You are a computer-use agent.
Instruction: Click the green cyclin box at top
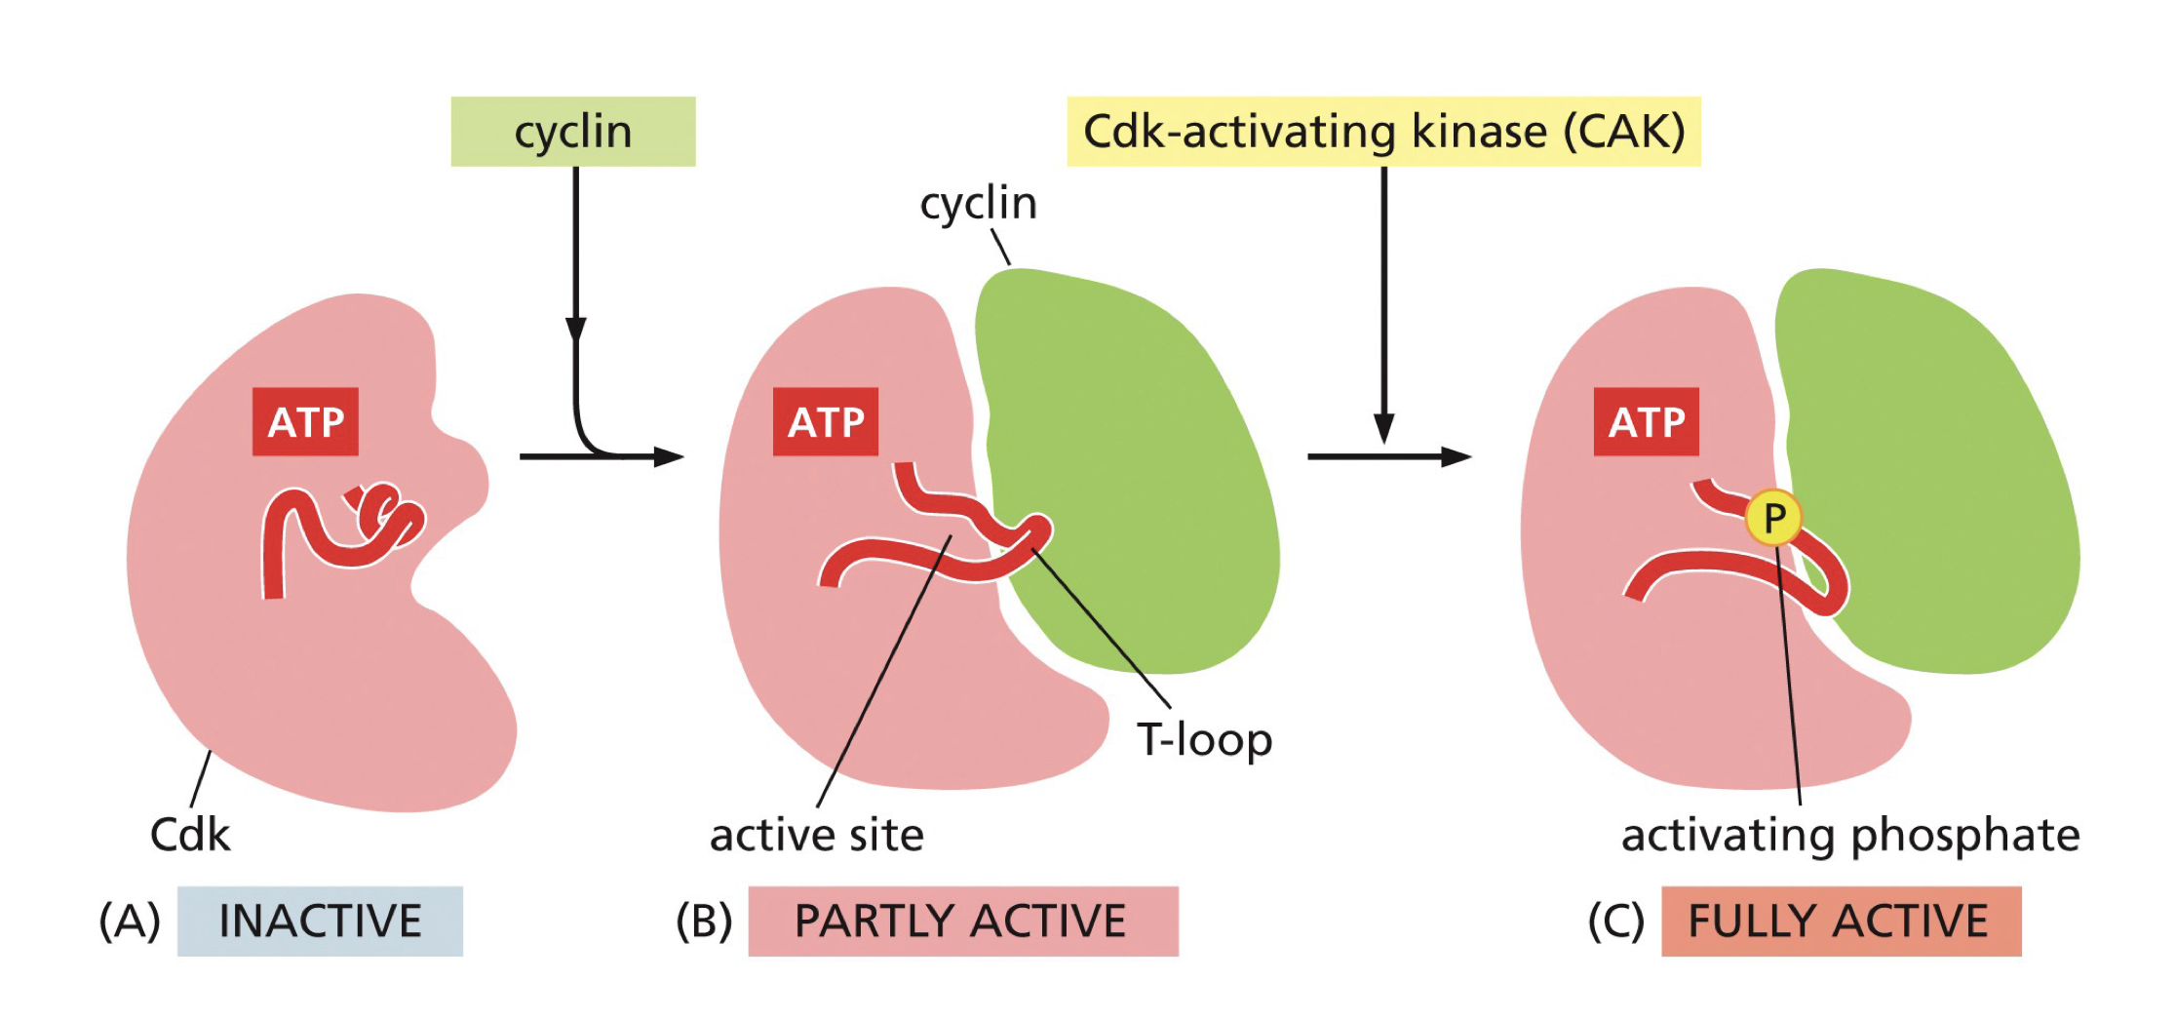pos(572,132)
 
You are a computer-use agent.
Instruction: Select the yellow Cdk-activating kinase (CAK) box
pos(1382,132)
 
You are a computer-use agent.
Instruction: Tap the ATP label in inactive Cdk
pos(305,422)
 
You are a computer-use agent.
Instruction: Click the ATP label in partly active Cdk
pos(825,422)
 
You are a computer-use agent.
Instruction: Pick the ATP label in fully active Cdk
pos(1646,422)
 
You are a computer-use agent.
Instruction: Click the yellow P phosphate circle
pos(1772,518)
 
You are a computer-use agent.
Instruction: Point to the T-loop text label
pos(1204,740)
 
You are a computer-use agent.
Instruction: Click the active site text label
pos(816,836)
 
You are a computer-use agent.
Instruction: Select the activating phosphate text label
pos(1849,836)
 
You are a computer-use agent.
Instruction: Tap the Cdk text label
pos(190,836)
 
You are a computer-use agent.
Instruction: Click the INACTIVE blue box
pos(320,922)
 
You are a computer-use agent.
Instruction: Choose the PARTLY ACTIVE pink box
pos(962,922)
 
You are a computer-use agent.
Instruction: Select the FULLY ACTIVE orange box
pos(1840,922)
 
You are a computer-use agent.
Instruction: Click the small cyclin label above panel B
pos(978,204)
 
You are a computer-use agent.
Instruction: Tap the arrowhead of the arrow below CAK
pos(1383,429)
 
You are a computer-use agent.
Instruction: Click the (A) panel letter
pos(129,922)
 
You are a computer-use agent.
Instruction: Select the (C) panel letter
pos(1615,922)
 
